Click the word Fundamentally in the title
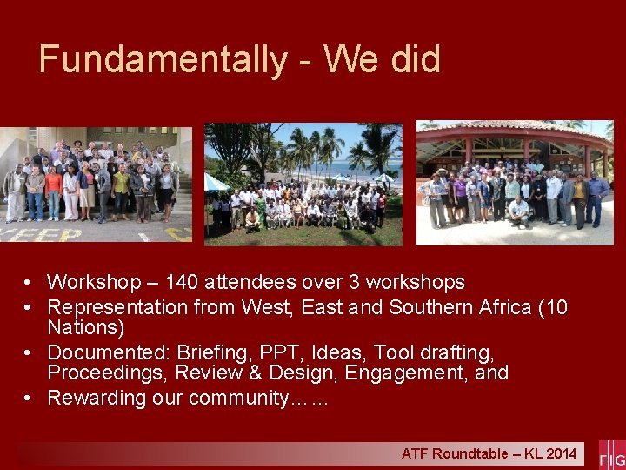[x=162, y=60]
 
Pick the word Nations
[x=85, y=328]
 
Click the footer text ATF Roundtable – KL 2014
[x=488, y=453]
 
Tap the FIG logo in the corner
[x=611, y=455]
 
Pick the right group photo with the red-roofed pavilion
[x=514, y=183]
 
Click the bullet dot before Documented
[x=30, y=353]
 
